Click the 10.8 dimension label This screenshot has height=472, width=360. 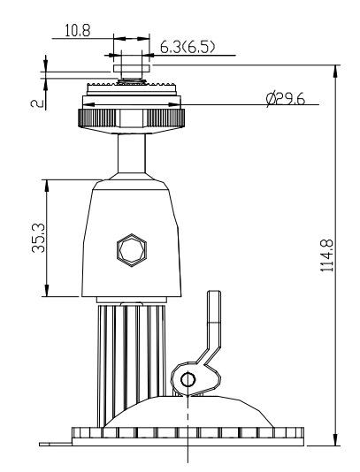coord(77,31)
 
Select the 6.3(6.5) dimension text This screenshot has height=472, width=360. coord(188,47)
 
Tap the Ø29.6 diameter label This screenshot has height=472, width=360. coord(286,99)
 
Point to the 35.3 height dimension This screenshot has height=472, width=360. coord(38,238)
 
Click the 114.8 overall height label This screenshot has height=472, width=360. coord(327,255)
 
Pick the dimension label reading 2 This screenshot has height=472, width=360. coord(37,103)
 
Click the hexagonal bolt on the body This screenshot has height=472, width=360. coord(132,250)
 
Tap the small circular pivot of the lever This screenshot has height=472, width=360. coord(188,379)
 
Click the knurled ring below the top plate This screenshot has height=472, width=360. coord(131,118)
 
